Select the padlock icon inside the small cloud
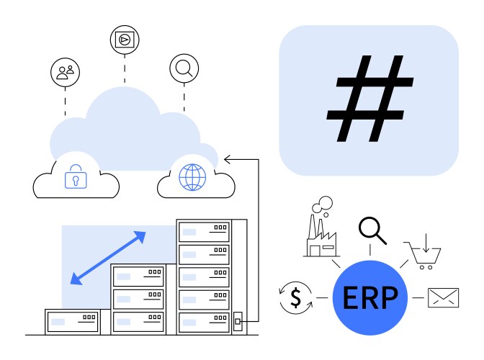pyautogui.click(x=75, y=177)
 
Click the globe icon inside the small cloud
pyautogui.click(x=192, y=176)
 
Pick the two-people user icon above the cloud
pyautogui.click(x=65, y=71)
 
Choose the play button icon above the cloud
pyautogui.click(x=125, y=40)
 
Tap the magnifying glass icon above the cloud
pyautogui.click(x=184, y=68)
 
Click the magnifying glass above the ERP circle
pyautogui.click(x=372, y=230)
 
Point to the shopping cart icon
pyautogui.click(x=423, y=254)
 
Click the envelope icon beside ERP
pyautogui.click(x=443, y=297)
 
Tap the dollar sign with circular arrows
pyautogui.click(x=295, y=297)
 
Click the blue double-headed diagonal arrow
pyautogui.click(x=108, y=258)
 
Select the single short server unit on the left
pyautogui.click(x=71, y=320)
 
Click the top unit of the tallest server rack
pyautogui.click(x=205, y=232)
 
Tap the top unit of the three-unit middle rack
pyautogui.click(x=138, y=276)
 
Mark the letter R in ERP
pyautogui.click(x=370, y=298)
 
